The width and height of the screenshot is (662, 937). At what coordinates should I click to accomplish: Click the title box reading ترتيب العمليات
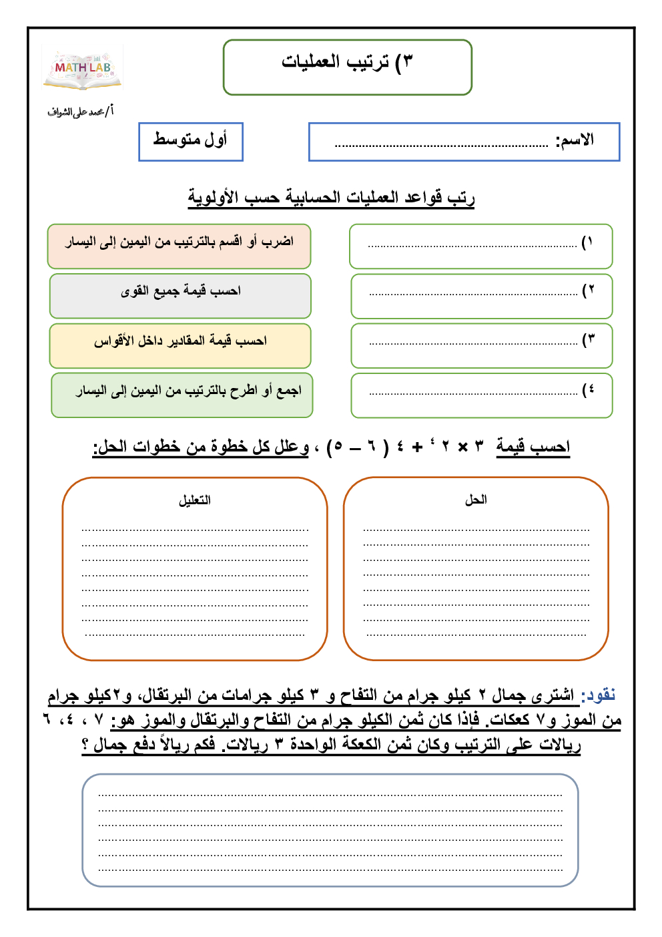pos(347,66)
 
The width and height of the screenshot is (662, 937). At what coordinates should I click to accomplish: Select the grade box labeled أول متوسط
pos(190,141)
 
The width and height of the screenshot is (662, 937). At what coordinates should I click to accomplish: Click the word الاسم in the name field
pos(575,140)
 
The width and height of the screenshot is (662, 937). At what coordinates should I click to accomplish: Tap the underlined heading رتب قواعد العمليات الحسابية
pos(331,198)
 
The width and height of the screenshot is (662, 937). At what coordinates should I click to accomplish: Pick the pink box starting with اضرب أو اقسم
pos(179,246)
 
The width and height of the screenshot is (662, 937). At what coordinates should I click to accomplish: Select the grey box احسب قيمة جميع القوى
pos(180,295)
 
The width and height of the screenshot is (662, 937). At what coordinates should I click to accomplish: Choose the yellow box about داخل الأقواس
pos(180,345)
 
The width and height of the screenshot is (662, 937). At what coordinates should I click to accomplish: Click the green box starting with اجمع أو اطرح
pos(182,395)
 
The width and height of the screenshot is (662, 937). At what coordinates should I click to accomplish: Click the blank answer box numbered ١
pos(480,246)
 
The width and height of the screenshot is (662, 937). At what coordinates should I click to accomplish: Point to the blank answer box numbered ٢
pos(481,295)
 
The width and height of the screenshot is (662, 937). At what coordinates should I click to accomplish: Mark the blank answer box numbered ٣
pos(481,345)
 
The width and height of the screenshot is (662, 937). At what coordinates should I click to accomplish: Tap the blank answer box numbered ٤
pos(481,395)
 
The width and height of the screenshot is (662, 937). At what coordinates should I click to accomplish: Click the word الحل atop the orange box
pos(476,500)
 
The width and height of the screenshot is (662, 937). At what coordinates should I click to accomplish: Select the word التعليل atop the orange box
pos(195,500)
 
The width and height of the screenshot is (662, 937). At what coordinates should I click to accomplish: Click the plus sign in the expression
pos(417,447)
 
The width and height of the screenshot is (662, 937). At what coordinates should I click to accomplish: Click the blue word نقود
pos(598,696)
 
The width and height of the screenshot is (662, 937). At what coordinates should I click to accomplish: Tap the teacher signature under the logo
pos(81,112)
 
